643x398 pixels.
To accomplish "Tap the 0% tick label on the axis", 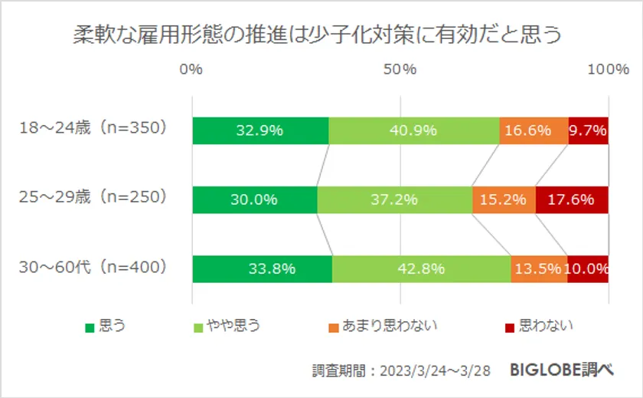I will (x=191, y=70).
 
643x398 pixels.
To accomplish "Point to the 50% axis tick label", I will (x=400, y=70).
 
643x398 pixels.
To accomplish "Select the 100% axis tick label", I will (x=608, y=70).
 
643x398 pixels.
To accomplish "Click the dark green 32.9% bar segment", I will (x=260, y=130).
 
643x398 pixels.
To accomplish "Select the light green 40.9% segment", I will (x=413, y=130).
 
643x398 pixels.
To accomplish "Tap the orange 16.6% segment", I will (x=534, y=130).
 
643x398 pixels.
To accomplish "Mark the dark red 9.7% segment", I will (x=588, y=130).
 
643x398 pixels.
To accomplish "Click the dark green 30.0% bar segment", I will (x=254, y=200).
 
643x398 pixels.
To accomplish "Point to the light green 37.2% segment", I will (x=394, y=200).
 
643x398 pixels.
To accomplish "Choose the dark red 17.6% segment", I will (x=572, y=200).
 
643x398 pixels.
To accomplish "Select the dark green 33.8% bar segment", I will (x=262, y=269).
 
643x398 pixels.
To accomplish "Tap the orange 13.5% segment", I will (x=539, y=269).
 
